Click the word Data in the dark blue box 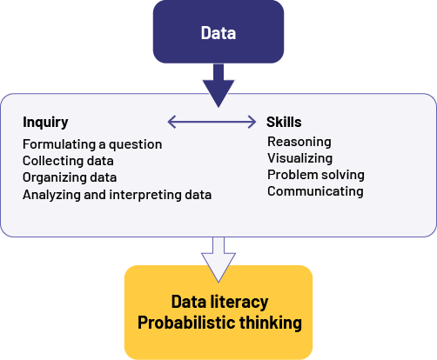[218, 33]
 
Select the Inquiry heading [45, 123]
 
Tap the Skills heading [284, 122]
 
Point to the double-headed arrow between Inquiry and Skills [212, 122]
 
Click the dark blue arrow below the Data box [218, 85]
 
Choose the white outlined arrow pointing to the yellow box [218, 259]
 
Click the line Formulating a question [92, 144]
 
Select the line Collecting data [68, 161]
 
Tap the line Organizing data [70, 177]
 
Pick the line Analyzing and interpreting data [118, 195]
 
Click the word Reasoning [299, 142]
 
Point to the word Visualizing [299, 158]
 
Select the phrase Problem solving [316, 175]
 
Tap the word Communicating [315, 191]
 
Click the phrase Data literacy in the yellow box [219, 302]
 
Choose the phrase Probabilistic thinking [219, 323]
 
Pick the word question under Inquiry [135, 145]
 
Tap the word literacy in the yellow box [239, 303]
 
